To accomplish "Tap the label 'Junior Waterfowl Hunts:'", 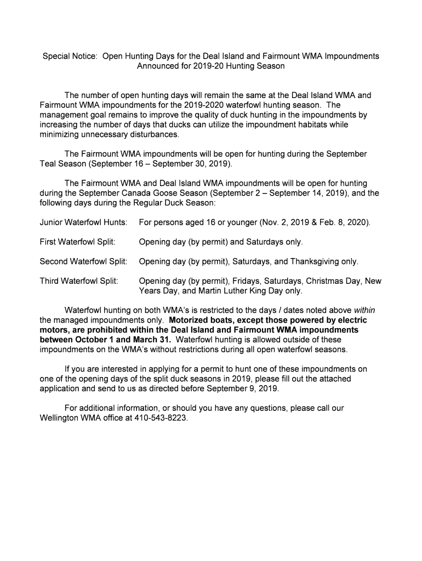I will pyautogui.click(x=84, y=223).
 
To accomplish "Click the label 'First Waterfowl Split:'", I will pyautogui.click(x=78, y=242).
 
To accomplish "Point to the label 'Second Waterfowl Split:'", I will pyautogui.click(x=84, y=261).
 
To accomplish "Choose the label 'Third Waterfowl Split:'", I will pyautogui.click(x=79, y=281).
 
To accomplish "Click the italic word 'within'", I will pyautogui.click(x=364, y=310).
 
